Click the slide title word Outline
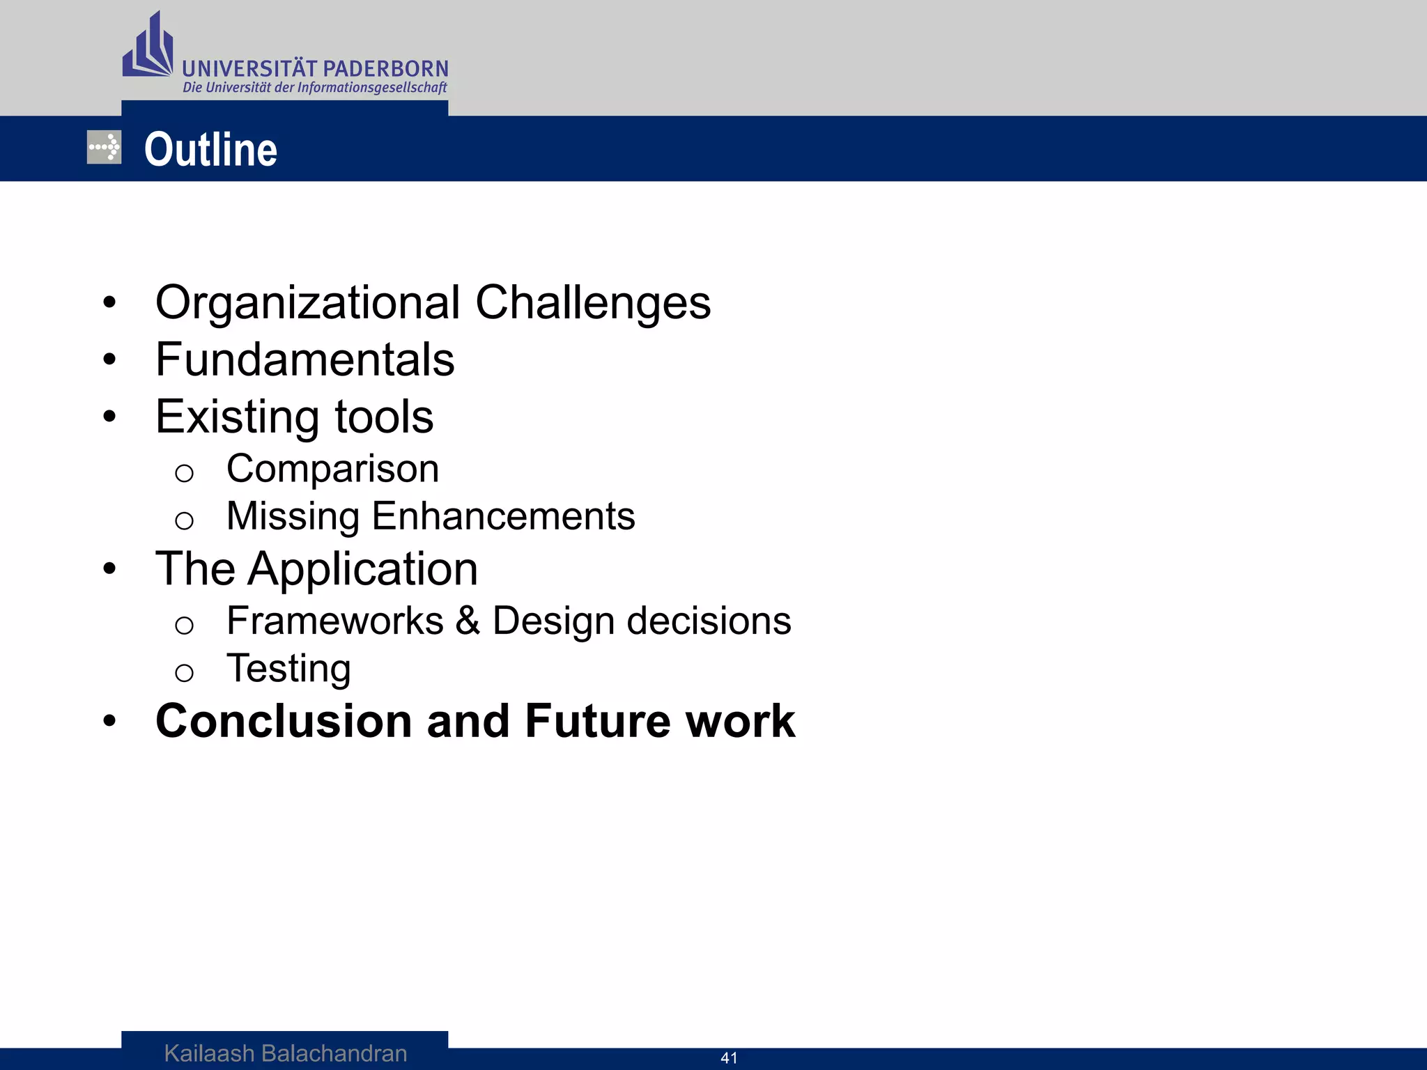point(210,150)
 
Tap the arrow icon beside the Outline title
point(104,148)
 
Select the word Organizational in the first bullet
point(307,303)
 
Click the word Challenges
point(593,303)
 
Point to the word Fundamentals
point(304,360)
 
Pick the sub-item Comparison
point(332,469)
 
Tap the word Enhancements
point(503,516)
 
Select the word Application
point(363,570)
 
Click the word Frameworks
point(334,621)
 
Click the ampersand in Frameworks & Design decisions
point(468,621)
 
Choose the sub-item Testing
point(288,669)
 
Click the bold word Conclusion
point(284,721)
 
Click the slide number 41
point(729,1058)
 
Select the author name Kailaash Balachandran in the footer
point(286,1053)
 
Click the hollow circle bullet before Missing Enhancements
point(184,520)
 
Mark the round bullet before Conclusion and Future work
point(109,721)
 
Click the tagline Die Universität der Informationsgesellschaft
point(314,88)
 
